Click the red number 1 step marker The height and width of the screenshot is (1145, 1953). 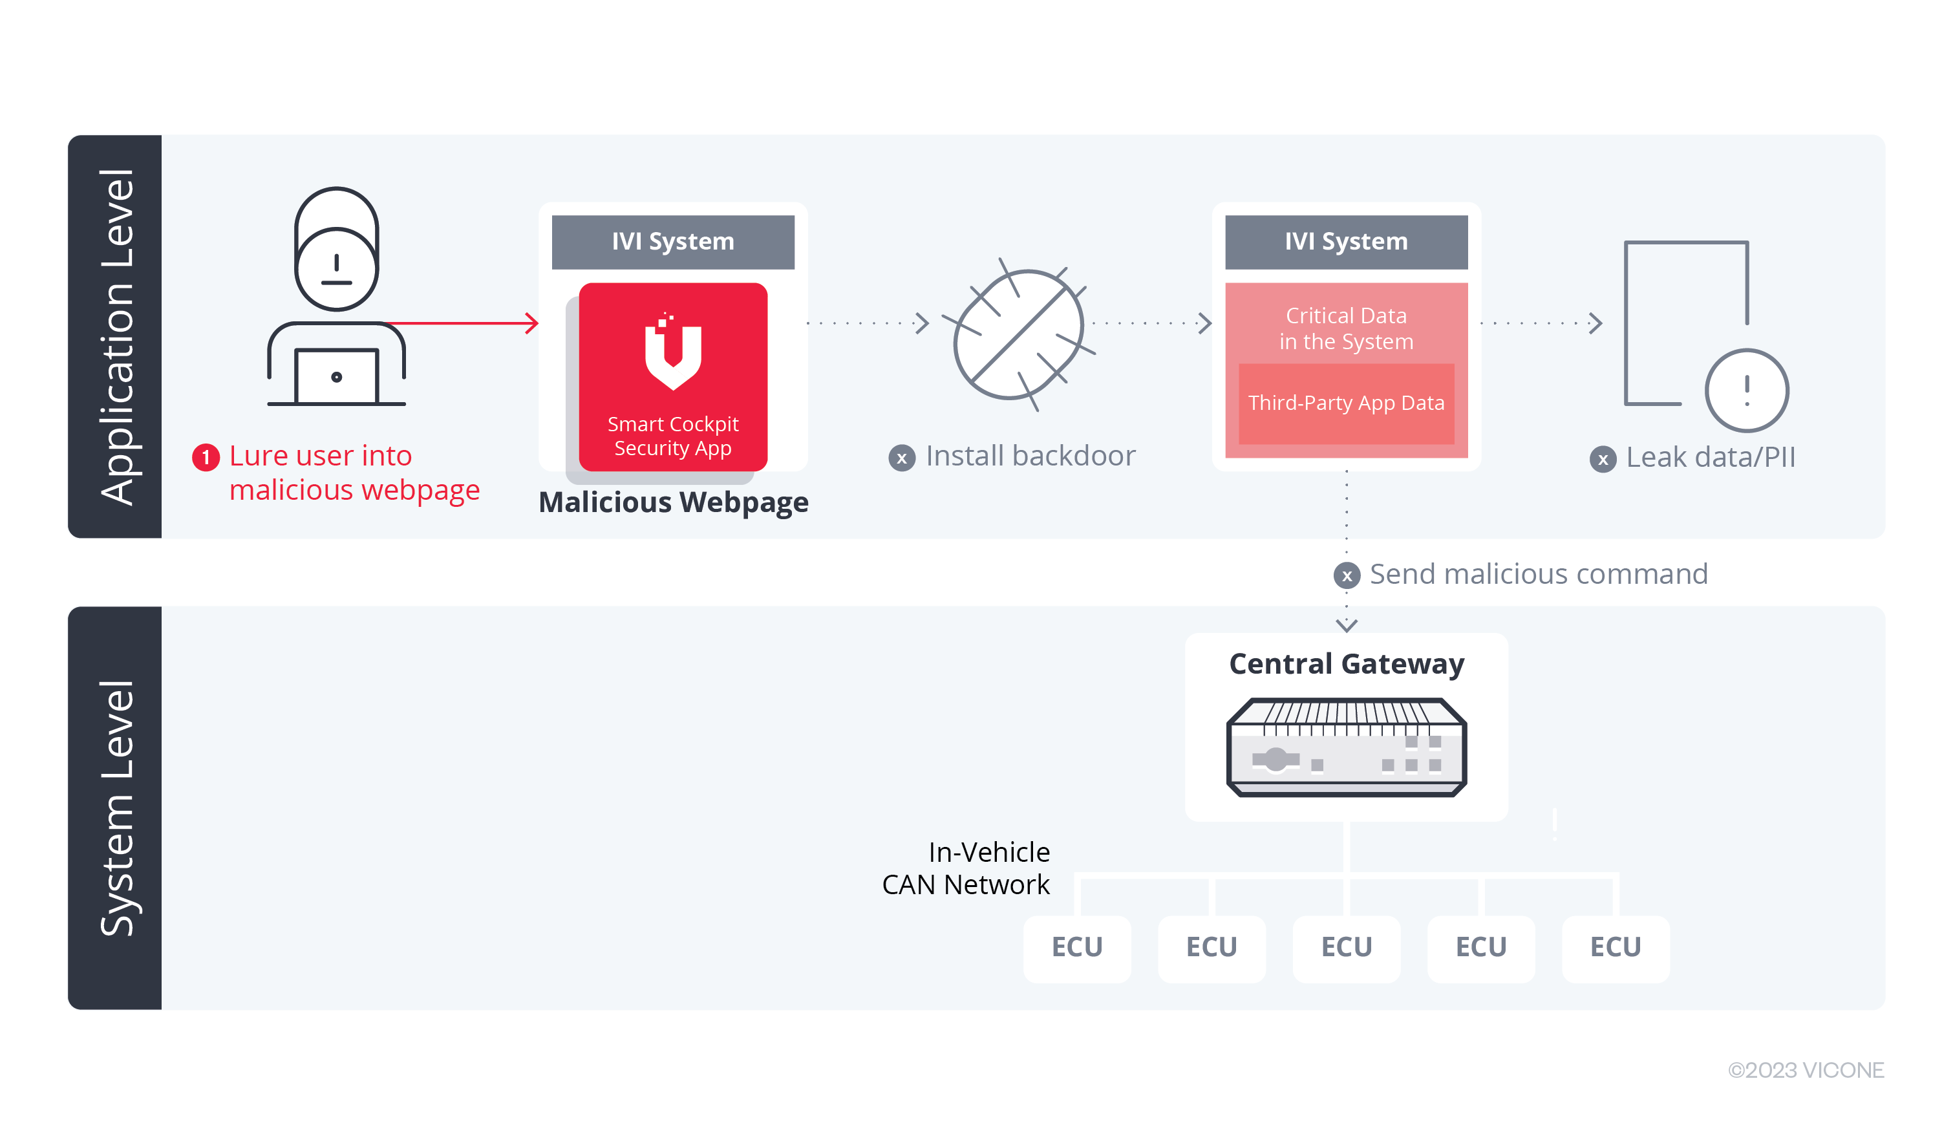coord(206,457)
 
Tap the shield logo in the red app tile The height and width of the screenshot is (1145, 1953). coord(673,353)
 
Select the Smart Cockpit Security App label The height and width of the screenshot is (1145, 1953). coord(673,436)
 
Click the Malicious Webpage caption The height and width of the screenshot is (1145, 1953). coord(673,502)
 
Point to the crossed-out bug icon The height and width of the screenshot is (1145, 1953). coord(1018,334)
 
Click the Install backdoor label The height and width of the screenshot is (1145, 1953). coord(1030,456)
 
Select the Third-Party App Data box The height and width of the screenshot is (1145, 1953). coord(1346,403)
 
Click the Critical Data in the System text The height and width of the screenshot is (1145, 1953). coord(1346,328)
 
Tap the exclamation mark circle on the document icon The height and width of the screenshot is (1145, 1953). coord(1746,390)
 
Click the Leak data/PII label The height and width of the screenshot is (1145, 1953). coord(1710,457)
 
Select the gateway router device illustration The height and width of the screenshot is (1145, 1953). coord(1346,747)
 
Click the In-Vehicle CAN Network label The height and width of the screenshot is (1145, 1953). coord(966,868)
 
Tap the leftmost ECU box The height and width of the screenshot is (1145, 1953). coord(1076,947)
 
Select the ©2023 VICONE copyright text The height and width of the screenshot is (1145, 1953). coord(1805,1070)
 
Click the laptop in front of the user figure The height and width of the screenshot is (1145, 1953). coord(336,377)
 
